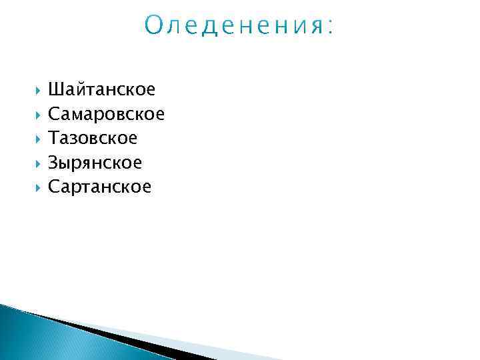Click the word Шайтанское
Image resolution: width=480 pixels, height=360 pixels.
[101, 89]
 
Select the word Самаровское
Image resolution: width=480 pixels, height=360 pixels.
[106, 114]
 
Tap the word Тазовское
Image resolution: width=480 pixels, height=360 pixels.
[93, 138]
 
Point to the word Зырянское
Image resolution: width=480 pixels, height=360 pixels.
[95, 163]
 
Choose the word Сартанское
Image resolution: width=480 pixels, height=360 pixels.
[99, 187]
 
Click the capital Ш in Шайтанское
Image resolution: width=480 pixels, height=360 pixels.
[55, 89]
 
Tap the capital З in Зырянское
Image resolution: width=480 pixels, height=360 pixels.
[53, 163]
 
